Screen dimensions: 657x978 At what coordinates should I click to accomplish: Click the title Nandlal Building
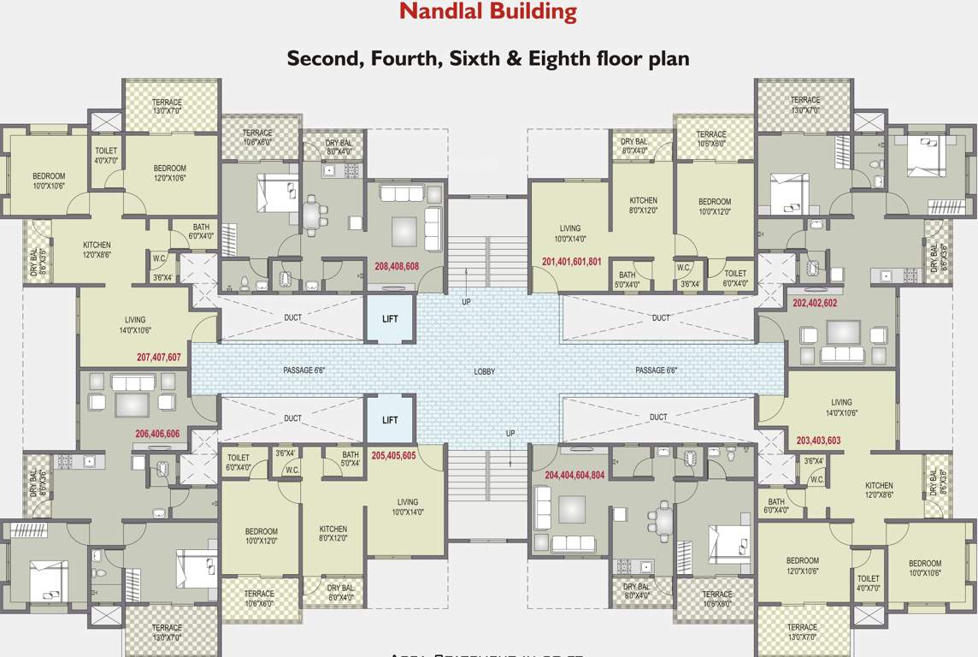[x=488, y=12]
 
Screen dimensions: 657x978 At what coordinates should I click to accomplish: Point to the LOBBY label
[x=485, y=371]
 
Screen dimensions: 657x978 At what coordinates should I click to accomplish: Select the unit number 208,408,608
[x=397, y=266]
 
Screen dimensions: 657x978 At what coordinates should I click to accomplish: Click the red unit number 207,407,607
[x=159, y=358]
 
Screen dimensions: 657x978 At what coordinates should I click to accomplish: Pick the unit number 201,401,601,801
[x=572, y=262]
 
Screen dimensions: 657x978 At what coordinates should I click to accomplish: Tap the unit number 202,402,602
[x=815, y=303]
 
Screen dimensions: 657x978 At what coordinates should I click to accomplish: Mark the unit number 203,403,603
[x=818, y=441]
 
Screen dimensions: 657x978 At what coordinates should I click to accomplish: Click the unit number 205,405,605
[x=393, y=456]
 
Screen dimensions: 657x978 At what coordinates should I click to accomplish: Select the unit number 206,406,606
[x=157, y=434]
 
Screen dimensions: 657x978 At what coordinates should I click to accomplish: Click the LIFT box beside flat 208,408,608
[x=390, y=319]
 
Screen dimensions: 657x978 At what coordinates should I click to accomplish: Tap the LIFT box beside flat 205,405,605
[x=390, y=420]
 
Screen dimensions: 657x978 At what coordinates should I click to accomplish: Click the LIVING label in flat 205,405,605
[x=407, y=506]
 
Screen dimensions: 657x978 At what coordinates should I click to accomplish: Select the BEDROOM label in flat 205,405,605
[x=261, y=536]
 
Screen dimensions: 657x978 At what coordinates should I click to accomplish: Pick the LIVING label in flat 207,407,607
[x=134, y=324]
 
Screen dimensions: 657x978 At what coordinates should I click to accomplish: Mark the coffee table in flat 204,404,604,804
[x=571, y=510]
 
